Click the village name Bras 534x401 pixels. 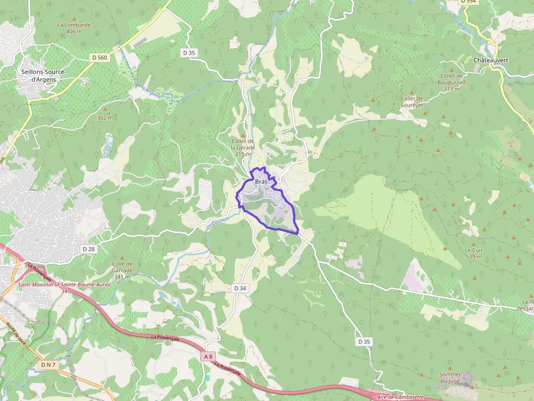tap(262, 182)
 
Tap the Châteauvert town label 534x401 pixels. tap(490, 60)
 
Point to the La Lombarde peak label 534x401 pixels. tap(74, 28)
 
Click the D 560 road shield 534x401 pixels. tap(100, 57)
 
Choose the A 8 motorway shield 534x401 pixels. tap(207, 356)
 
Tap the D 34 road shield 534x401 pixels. tap(240, 288)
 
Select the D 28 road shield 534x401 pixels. tap(88, 248)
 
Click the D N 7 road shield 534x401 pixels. tap(48, 364)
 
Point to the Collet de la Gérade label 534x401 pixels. tap(242, 147)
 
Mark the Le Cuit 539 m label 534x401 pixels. tap(474, 253)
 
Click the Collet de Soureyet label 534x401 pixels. tap(412, 102)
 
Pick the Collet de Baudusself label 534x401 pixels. tap(451, 82)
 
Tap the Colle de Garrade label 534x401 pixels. tap(122, 270)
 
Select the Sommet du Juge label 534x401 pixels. tap(450, 378)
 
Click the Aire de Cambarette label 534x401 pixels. tap(400, 397)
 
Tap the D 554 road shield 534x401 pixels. tap(469, 2)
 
